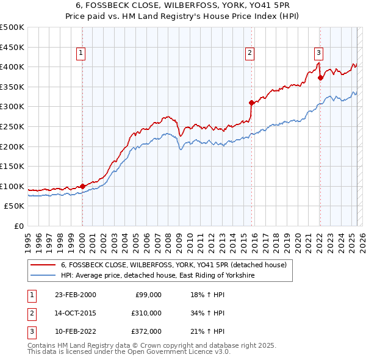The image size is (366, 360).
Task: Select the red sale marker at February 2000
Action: click(82, 186)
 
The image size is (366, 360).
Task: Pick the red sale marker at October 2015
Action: click(251, 103)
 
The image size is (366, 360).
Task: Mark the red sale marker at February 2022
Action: click(320, 77)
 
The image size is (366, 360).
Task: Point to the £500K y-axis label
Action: click(12, 27)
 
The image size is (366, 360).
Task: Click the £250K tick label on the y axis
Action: click(12, 126)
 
